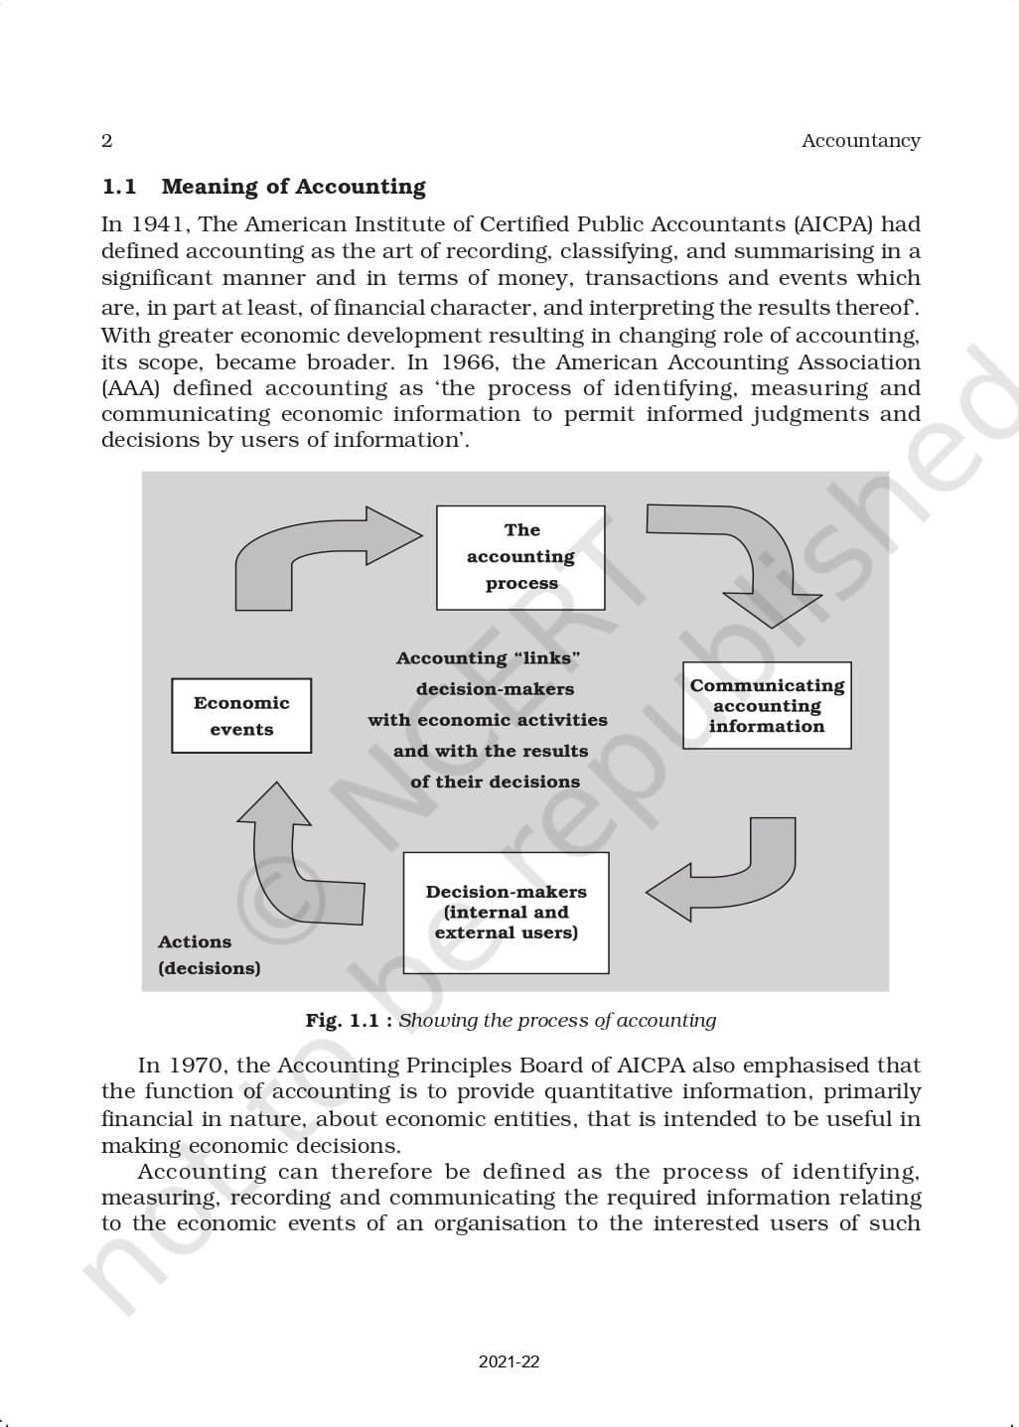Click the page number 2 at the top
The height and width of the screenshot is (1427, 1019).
click(107, 141)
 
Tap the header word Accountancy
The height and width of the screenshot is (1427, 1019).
click(860, 141)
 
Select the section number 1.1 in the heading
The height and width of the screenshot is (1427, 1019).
click(119, 187)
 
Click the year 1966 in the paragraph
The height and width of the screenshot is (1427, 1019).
click(468, 362)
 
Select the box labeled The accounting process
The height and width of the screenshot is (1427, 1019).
click(520, 557)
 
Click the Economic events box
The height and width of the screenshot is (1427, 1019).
click(241, 716)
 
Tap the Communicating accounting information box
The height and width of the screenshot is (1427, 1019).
click(767, 705)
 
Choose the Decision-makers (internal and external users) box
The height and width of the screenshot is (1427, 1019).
click(506, 913)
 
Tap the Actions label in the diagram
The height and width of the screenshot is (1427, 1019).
click(195, 941)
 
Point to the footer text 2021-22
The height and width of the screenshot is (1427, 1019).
click(509, 1362)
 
